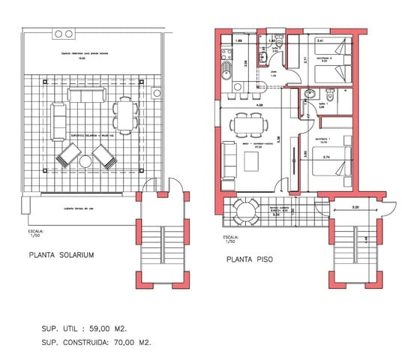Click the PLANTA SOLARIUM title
pyautogui.click(x=61, y=255)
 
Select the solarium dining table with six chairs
pyautogui.click(x=124, y=118)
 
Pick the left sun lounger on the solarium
pyautogui.click(x=69, y=156)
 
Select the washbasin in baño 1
pyautogui.click(x=310, y=94)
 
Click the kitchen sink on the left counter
pyautogui.click(x=226, y=71)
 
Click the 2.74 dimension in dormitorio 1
pyautogui.click(x=327, y=157)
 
